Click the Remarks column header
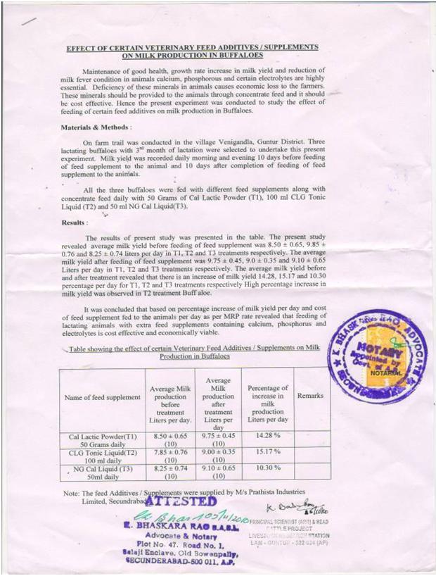pyautogui.click(x=310, y=396)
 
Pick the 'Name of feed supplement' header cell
pyautogui.click(x=103, y=397)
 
